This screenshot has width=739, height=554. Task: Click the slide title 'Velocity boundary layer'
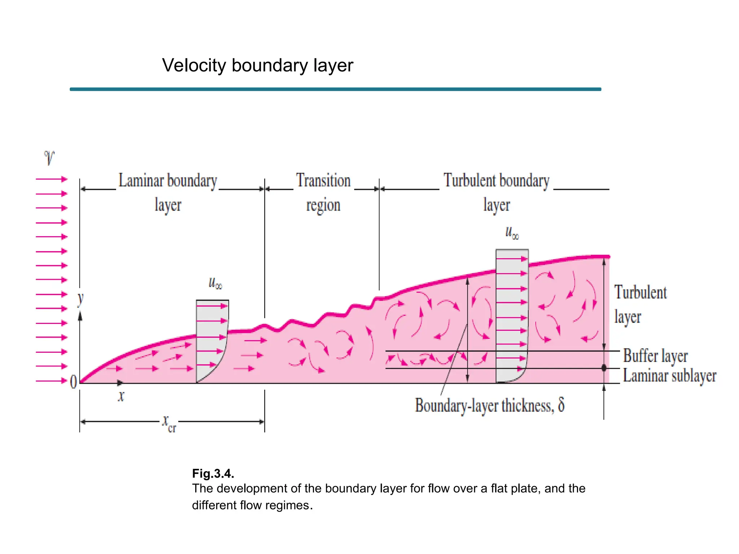(x=257, y=66)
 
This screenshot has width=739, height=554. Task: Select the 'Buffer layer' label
(x=655, y=356)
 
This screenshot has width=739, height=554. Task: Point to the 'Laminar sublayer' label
(x=669, y=376)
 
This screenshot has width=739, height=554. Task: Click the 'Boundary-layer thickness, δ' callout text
(x=489, y=405)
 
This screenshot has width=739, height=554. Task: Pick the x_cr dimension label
(x=169, y=423)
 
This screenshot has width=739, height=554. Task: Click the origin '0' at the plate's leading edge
(x=73, y=382)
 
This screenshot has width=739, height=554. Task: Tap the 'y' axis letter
(x=80, y=299)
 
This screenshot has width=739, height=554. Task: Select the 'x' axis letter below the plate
(x=121, y=396)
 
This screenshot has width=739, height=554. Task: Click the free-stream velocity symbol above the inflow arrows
(x=49, y=158)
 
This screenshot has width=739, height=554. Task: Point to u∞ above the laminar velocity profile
(x=215, y=283)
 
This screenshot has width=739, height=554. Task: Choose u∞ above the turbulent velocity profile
(x=512, y=233)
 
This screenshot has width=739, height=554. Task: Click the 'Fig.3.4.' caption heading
(x=213, y=473)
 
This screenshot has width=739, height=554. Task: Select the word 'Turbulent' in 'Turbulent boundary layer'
(x=469, y=181)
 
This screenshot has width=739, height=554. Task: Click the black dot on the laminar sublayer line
(x=604, y=368)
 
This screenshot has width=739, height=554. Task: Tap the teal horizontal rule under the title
(x=335, y=89)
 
